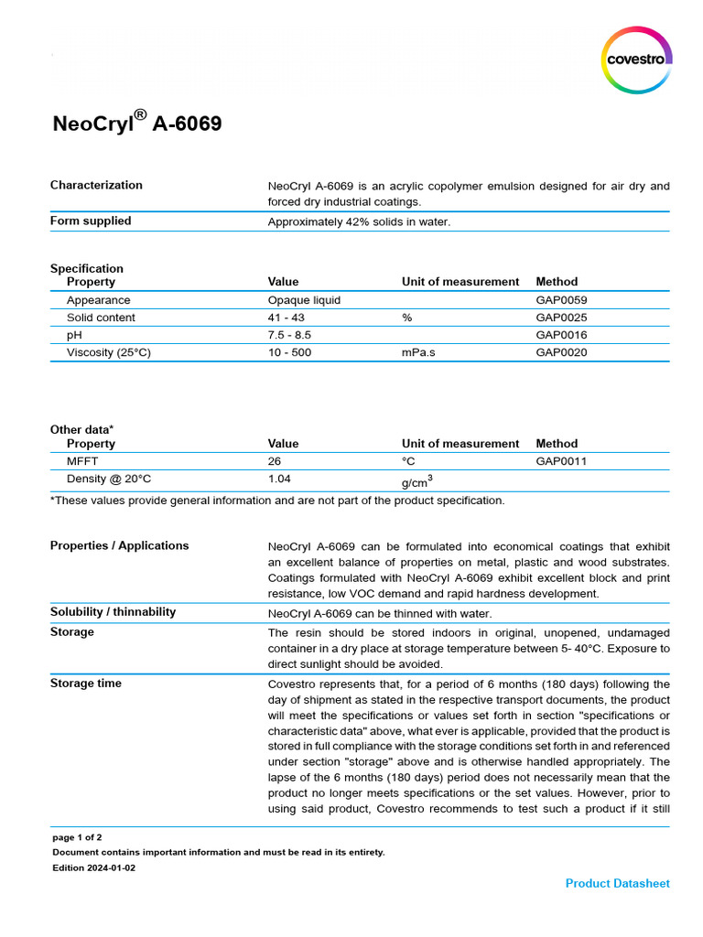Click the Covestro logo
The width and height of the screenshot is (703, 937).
tap(638, 59)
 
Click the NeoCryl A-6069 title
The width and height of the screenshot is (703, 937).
tap(136, 123)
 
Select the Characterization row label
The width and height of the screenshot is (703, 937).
tap(96, 185)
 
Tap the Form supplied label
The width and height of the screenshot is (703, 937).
tap(91, 221)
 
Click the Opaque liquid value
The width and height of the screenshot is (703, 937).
tap(304, 300)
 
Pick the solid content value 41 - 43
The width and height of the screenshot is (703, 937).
tap(286, 318)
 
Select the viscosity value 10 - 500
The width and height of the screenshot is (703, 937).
tap(288, 352)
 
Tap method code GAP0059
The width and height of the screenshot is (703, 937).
tap(561, 300)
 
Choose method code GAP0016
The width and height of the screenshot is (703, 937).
tap(561, 335)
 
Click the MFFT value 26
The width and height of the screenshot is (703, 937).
tap(275, 461)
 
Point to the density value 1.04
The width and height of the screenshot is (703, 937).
tap(280, 479)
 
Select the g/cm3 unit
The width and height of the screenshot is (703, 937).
tap(416, 480)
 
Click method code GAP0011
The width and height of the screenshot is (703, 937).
tap(561, 461)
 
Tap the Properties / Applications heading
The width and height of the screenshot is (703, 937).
tap(119, 545)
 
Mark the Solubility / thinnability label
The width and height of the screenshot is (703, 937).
tap(113, 611)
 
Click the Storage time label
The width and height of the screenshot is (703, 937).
tap(85, 684)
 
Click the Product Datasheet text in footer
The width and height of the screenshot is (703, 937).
tap(617, 883)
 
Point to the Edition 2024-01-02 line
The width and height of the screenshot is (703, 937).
tap(93, 867)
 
